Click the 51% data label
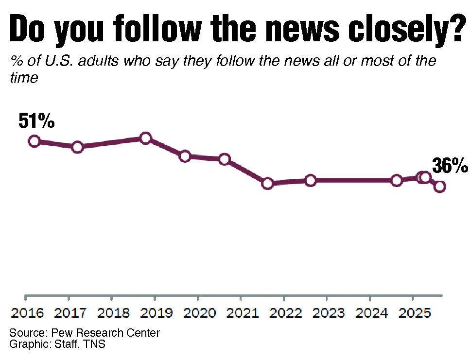coord(36,121)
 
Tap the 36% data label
coord(450,166)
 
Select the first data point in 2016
coord(34,141)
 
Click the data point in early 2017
coord(77,147)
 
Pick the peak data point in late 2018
coord(145,138)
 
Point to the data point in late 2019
coord(185,156)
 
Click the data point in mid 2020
coord(224,159)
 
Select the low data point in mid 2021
coord(267,184)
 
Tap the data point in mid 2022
coord(311,181)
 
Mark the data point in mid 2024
coord(397,181)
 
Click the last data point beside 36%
coord(440,187)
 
